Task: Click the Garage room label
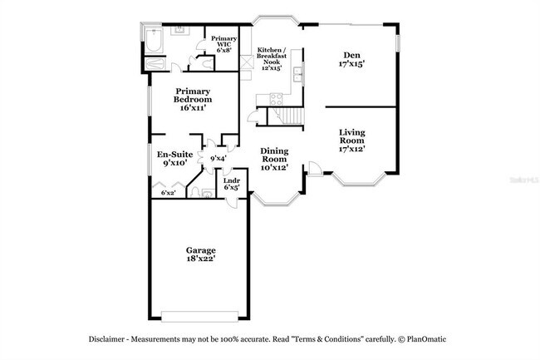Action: pyautogui.click(x=201, y=250)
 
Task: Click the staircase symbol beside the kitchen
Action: pyautogui.click(x=291, y=117)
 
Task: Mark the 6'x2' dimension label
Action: pyautogui.click(x=168, y=193)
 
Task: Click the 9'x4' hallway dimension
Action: pyautogui.click(x=218, y=158)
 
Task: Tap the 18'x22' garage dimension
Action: pyautogui.click(x=201, y=260)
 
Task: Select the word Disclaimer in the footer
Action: pyautogui.click(x=113, y=339)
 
